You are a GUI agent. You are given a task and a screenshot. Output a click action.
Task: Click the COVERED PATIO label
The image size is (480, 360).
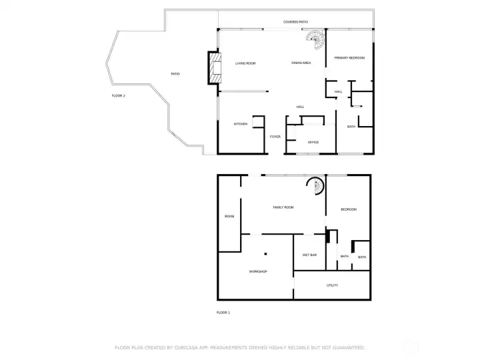[295, 22]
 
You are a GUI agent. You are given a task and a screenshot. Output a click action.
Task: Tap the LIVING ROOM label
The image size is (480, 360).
[245, 63]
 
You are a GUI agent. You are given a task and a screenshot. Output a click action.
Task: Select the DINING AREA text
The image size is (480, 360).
[301, 63]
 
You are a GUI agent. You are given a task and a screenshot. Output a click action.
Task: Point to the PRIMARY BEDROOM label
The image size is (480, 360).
[349, 58]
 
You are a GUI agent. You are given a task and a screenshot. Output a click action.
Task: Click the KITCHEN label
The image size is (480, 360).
[241, 124]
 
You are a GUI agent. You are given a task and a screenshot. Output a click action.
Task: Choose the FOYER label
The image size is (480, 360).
[275, 137]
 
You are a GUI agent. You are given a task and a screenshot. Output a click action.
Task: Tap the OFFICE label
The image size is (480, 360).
[313, 142]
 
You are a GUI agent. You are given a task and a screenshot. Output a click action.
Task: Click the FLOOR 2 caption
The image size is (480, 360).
[118, 96]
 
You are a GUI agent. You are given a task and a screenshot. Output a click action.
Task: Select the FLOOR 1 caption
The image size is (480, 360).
[223, 312]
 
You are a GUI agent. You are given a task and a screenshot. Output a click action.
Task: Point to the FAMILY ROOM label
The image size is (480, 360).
[283, 207]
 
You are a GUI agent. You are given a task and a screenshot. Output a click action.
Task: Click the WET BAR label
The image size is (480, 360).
[309, 255]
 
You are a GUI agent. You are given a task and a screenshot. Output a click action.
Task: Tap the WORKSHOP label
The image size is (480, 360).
[258, 271]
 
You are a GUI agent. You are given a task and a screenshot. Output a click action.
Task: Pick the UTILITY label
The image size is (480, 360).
[332, 285]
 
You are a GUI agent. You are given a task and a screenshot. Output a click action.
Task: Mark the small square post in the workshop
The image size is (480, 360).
[265, 253]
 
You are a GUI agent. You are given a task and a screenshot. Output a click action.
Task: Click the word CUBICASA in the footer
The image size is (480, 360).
[196, 347]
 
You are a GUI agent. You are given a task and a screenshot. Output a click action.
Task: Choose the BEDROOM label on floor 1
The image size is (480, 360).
[349, 209]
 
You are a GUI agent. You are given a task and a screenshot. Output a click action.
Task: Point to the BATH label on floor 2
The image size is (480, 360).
[351, 127]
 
